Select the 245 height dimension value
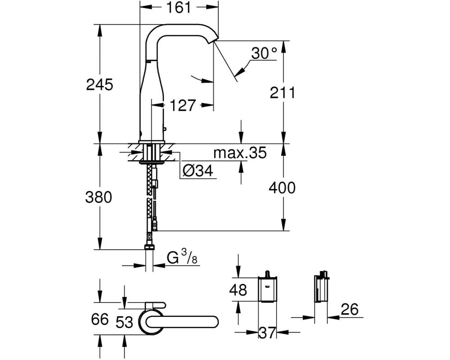tap(100, 85)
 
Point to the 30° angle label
tap(264, 53)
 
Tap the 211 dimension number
tap(283, 92)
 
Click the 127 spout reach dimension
tap(183, 105)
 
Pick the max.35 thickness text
tap(240, 153)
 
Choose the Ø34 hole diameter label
tap(198, 171)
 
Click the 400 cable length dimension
tap(282, 188)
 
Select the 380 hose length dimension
tap(99, 198)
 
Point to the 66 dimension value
tap(100, 319)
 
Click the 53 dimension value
tap(124, 322)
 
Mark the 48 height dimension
tap(238, 290)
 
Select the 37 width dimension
tap(267, 333)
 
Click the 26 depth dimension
tap(350, 309)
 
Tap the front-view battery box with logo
tap(267, 288)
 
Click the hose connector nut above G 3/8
tap(149, 247)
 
